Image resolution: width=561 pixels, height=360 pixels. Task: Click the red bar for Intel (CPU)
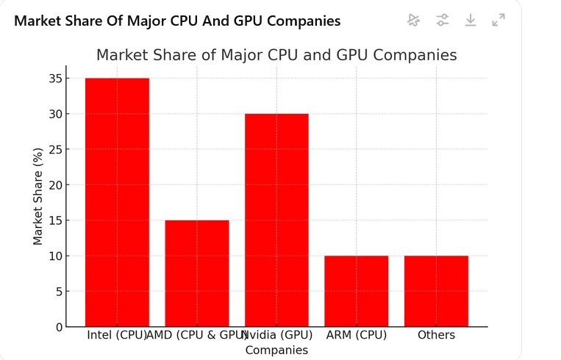(x=117, y=202)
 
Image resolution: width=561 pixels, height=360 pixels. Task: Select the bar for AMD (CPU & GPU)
(x=197, y=273)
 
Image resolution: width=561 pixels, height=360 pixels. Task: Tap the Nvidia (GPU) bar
(x=276, y=220)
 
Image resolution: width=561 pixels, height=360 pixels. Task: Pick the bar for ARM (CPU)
(x=356, y=291)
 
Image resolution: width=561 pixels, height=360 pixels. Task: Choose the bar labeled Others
(x=436, y=291)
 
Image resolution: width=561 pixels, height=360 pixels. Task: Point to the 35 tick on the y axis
(x=56, y=79)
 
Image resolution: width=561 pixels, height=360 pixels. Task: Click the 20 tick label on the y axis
(x=56, y=185)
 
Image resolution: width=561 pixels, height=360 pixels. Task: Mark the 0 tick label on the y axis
(x=59, y=327)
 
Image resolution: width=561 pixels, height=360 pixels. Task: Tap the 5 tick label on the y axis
(x=59, y=292)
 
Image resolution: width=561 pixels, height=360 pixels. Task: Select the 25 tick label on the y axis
(x=56, y=150)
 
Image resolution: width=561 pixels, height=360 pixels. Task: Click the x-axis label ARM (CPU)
(x=357, y=335)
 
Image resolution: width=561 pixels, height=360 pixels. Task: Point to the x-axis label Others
(x=436, y=335)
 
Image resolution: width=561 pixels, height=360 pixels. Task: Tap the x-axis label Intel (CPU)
(x=116, y=335)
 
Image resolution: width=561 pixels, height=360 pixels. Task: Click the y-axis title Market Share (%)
(x=37, y=196)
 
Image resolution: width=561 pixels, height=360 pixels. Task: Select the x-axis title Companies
(x=276, y=350)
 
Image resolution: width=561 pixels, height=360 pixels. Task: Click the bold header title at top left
(x=177, y=21)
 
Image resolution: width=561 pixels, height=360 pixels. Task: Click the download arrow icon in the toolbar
(x=471, y=20)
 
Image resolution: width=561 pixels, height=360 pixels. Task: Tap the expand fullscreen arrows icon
(x=499, y=20)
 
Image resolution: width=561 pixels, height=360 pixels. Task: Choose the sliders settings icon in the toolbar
(x=442, y=20)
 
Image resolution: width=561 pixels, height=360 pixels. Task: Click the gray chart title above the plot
(x=276, y=55)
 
